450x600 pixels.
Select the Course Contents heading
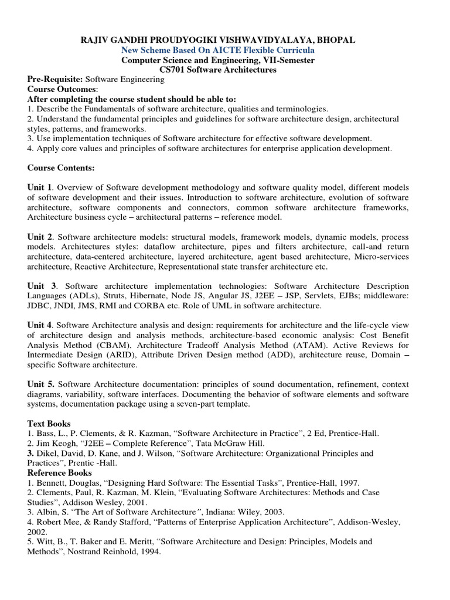tap(61, 168)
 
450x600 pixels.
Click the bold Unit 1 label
tap(40, 187)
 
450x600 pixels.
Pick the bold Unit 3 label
tap(42, 285)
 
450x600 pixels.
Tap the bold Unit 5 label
tap(42, 384)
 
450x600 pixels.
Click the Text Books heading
tap(49, 423)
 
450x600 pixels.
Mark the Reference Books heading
tap(60, 473)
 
